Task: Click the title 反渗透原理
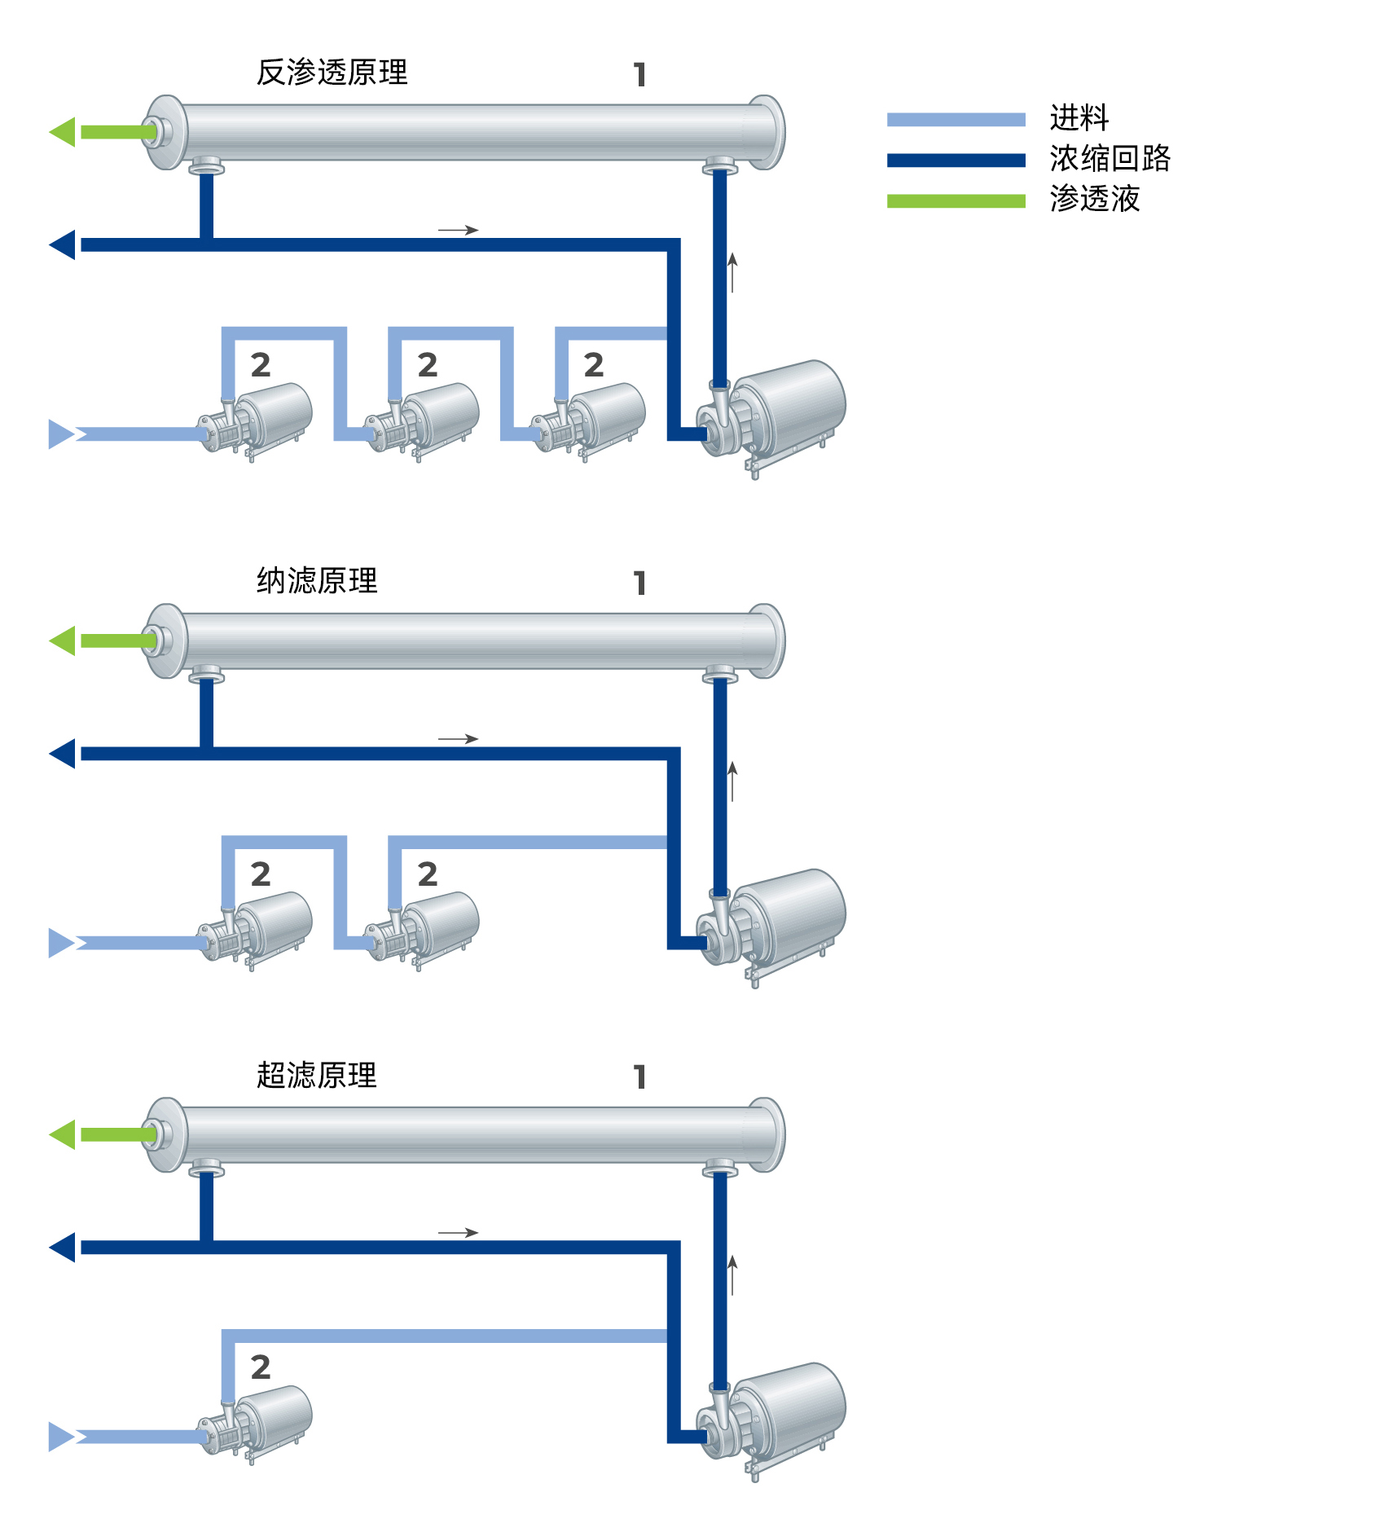pyautogui.click(x=332, y=73)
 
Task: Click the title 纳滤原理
pyautogui.click(x=317, y=581)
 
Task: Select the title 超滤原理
pyautogui.click(x=317, y=1075)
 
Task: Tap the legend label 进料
pyautogui.click(x=1079, y=118)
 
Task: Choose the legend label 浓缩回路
pyautogui.click(x=1110, y=158)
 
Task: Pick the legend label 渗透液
pyautogui.click(x=1095, y=198)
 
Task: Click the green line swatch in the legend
pyautogui.click(x=956, y=200)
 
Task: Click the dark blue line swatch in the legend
pyautogui.click(x=956, y=161)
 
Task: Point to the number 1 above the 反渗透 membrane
pyautogui.click(x=640, y=75)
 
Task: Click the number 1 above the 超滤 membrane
pyautogui.click(x=640, y=1077)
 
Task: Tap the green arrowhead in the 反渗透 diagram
pyautogui.click(x=63, y=132)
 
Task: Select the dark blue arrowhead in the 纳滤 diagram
pyautogui.click(x=63, y=754)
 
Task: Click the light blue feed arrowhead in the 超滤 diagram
pyautogui.click(x=62, y=1437)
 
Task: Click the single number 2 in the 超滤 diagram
pyautogui.click(x=261, y=1367)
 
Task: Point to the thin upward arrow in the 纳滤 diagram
pyautogui.click(x=732, y=781)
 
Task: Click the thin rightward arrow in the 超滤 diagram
pyautogui.click(x=458, y=1233)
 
